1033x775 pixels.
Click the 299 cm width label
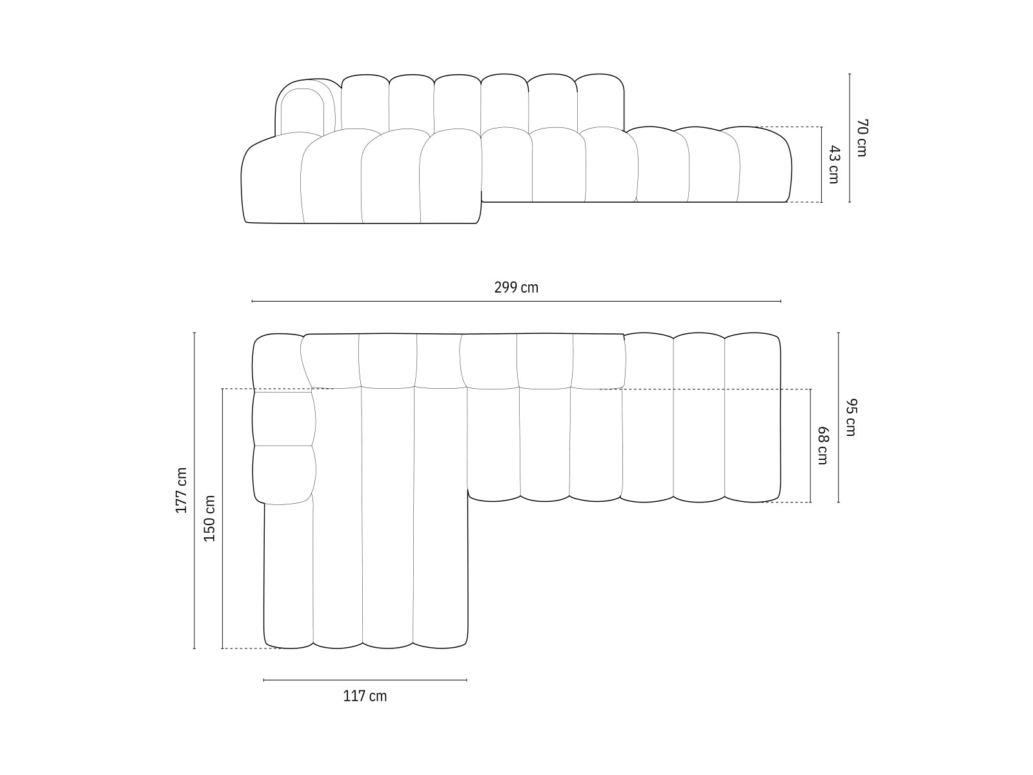pos(516,287)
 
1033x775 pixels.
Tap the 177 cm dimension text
pos(181,490)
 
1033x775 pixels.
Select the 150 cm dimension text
pos(210,518)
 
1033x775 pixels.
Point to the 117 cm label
pos(365,696)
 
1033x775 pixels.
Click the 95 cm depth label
pos(850,417)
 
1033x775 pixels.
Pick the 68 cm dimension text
pos(823,446)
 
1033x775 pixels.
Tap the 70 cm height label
pos(862,138)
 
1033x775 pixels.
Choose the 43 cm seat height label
pos(834,165)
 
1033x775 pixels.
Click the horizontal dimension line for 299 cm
pos(516,301)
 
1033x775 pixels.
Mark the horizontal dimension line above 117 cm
pos(365,679)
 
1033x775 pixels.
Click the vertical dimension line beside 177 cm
pos(194,490)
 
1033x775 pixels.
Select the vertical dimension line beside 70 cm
pos(850,138)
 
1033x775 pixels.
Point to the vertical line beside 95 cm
pos(839,417)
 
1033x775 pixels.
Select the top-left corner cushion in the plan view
pos(278,362)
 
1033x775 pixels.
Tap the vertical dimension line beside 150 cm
pos(222,518)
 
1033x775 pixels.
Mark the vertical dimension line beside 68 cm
pos(811,446)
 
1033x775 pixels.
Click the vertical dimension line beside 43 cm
pos(822,165)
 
